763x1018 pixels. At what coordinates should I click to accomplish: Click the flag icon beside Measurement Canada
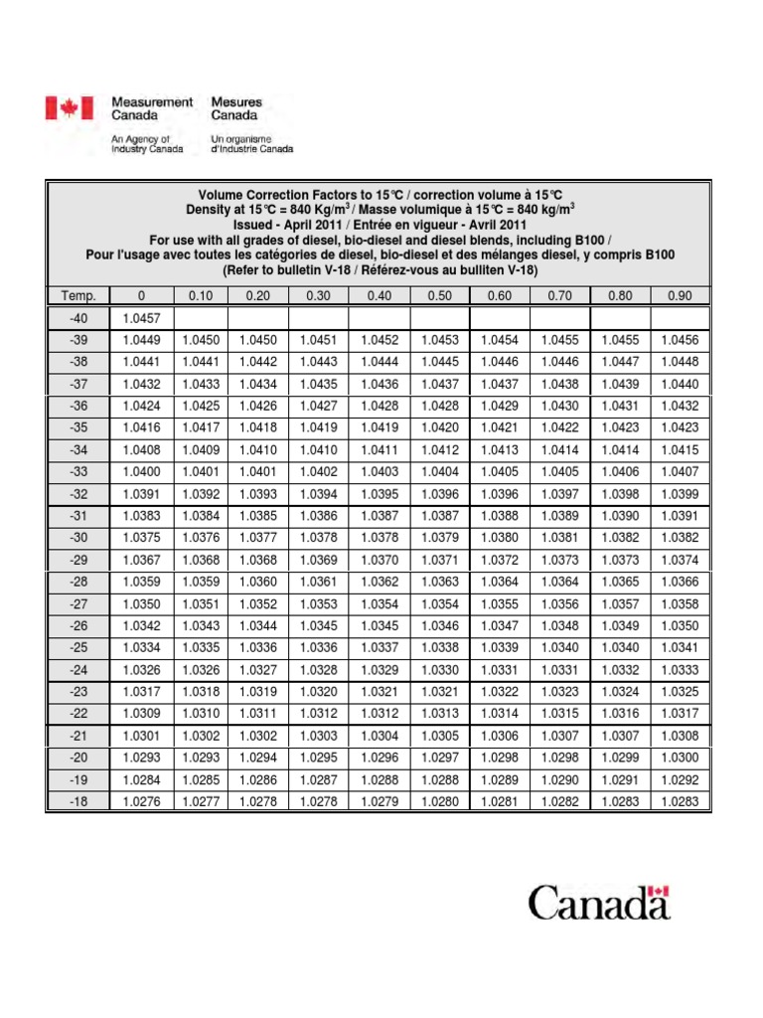[x=69, y=108]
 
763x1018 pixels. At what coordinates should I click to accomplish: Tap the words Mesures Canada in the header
[x=236, y=108]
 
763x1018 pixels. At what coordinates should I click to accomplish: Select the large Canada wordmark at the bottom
[x=599, y=904]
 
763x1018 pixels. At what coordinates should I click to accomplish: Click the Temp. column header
[x=79, y=295]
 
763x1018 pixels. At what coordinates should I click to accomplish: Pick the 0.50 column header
[x=439, y=295]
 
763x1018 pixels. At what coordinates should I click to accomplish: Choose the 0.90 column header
[x=680, y=295]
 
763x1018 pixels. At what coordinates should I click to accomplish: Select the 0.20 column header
[x=258, y=295]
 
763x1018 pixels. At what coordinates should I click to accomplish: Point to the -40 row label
[x=79, y=317]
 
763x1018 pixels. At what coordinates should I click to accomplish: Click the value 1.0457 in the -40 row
[x=139, y=317]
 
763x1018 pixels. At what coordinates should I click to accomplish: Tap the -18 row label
[x=79, y=800]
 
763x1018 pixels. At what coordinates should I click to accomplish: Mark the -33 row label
[x=79, y=471]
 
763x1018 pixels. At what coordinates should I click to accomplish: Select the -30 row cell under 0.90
[x=680, y=537]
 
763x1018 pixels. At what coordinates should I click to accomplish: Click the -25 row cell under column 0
[x=139, y=647]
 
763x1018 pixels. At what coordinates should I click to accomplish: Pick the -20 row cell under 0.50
[x=439, y=757]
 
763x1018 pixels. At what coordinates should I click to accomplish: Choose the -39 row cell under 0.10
[x=199, y=340]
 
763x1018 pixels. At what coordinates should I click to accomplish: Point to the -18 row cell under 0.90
[x=680, y=800]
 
